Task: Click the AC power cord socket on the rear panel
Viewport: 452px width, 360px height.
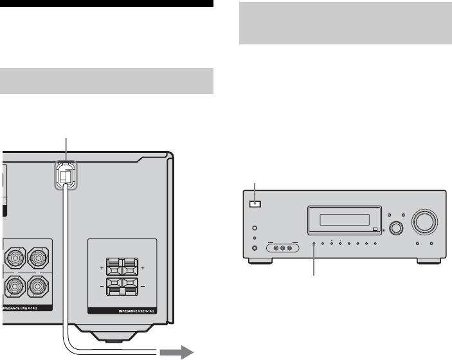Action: [x=65, y=175]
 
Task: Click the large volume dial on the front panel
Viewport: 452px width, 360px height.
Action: [x=425, y=222]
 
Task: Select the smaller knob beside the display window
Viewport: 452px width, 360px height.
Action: [x=395, y=228]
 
